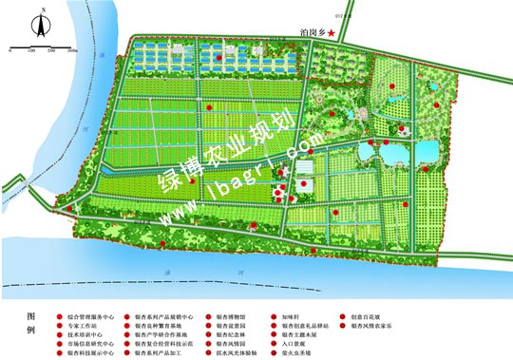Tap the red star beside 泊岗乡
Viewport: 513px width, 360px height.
332,33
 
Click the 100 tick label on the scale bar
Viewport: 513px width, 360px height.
31,49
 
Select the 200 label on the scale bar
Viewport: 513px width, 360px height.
52,49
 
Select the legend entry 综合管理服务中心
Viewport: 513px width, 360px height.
92,315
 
